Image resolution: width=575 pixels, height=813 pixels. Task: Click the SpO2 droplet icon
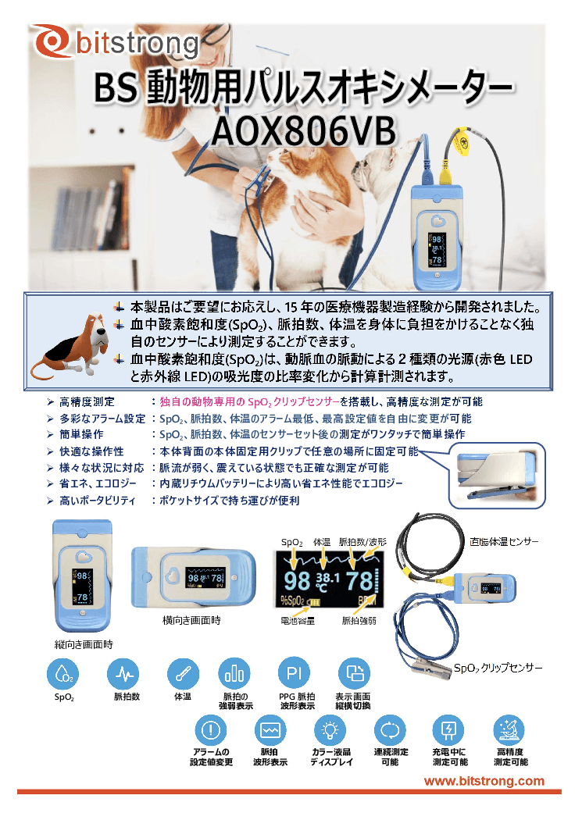[x=63, y=672]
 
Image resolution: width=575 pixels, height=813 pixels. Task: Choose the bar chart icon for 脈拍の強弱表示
[x=234, y=672]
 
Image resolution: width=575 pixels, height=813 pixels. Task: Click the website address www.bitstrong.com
[x=484, y=781]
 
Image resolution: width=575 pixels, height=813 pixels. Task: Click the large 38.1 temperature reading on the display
[x=326, y=579]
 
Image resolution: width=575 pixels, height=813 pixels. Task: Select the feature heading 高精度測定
[x=87, y=401]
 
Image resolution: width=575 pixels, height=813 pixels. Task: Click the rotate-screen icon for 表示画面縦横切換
[x=354, y=672]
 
